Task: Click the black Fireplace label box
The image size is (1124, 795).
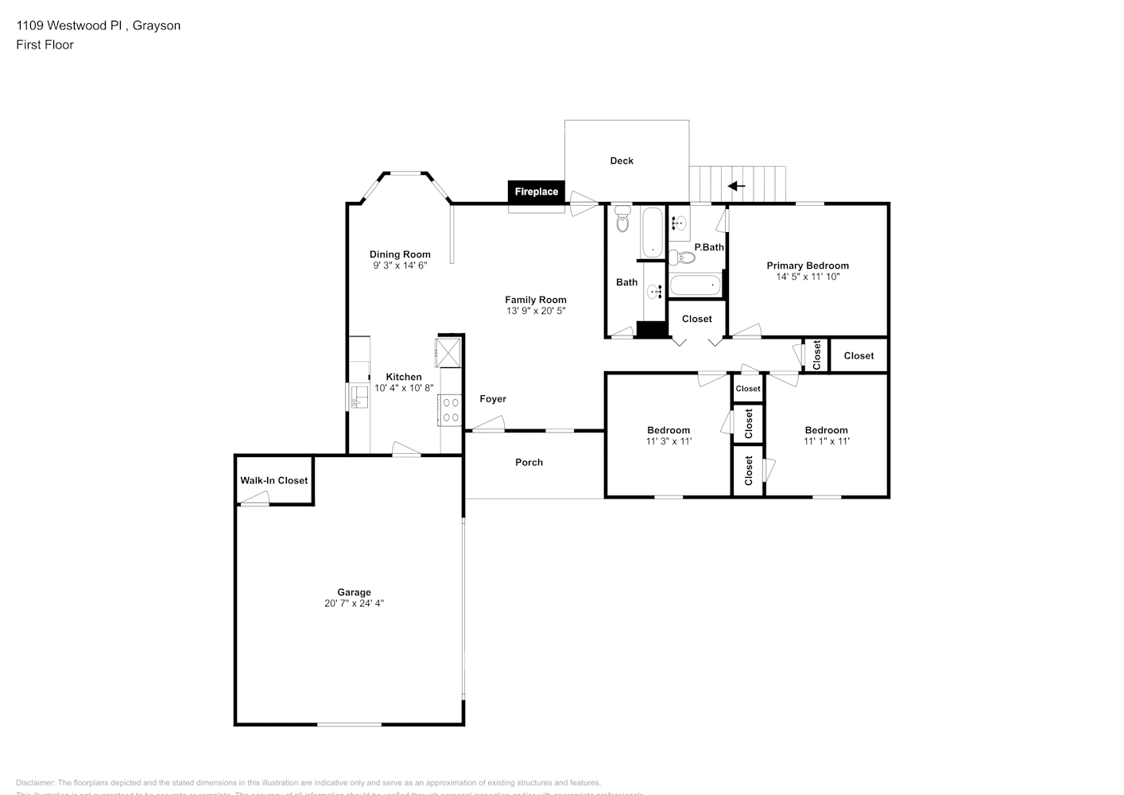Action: pos(536,192)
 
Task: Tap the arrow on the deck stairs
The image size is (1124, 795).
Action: pos(737,186)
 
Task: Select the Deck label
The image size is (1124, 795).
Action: pos(622,161)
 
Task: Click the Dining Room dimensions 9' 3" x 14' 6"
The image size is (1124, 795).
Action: pos(400,266)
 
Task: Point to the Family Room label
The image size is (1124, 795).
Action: pos(536,300)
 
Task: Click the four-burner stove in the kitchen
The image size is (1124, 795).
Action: pos(451,409)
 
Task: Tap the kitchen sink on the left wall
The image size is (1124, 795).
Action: pos(357,397)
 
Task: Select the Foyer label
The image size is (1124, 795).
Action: pos(493,399)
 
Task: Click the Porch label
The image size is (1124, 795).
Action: pos(529,462)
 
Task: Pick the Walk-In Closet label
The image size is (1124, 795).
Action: pos(274,480)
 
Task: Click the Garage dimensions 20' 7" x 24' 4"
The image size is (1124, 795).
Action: pos(354,603)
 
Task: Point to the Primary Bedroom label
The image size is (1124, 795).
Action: pos(808,266)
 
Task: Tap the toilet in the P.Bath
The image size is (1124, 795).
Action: pos(682,257)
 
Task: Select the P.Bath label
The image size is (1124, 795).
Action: pos(709,247)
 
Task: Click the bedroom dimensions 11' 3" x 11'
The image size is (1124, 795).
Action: pos(669,441)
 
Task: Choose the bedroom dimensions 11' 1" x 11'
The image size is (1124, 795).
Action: pos(826,441)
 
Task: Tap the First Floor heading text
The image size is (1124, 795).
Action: pos(45,45)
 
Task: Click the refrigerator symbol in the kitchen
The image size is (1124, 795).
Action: pos(448,351)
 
